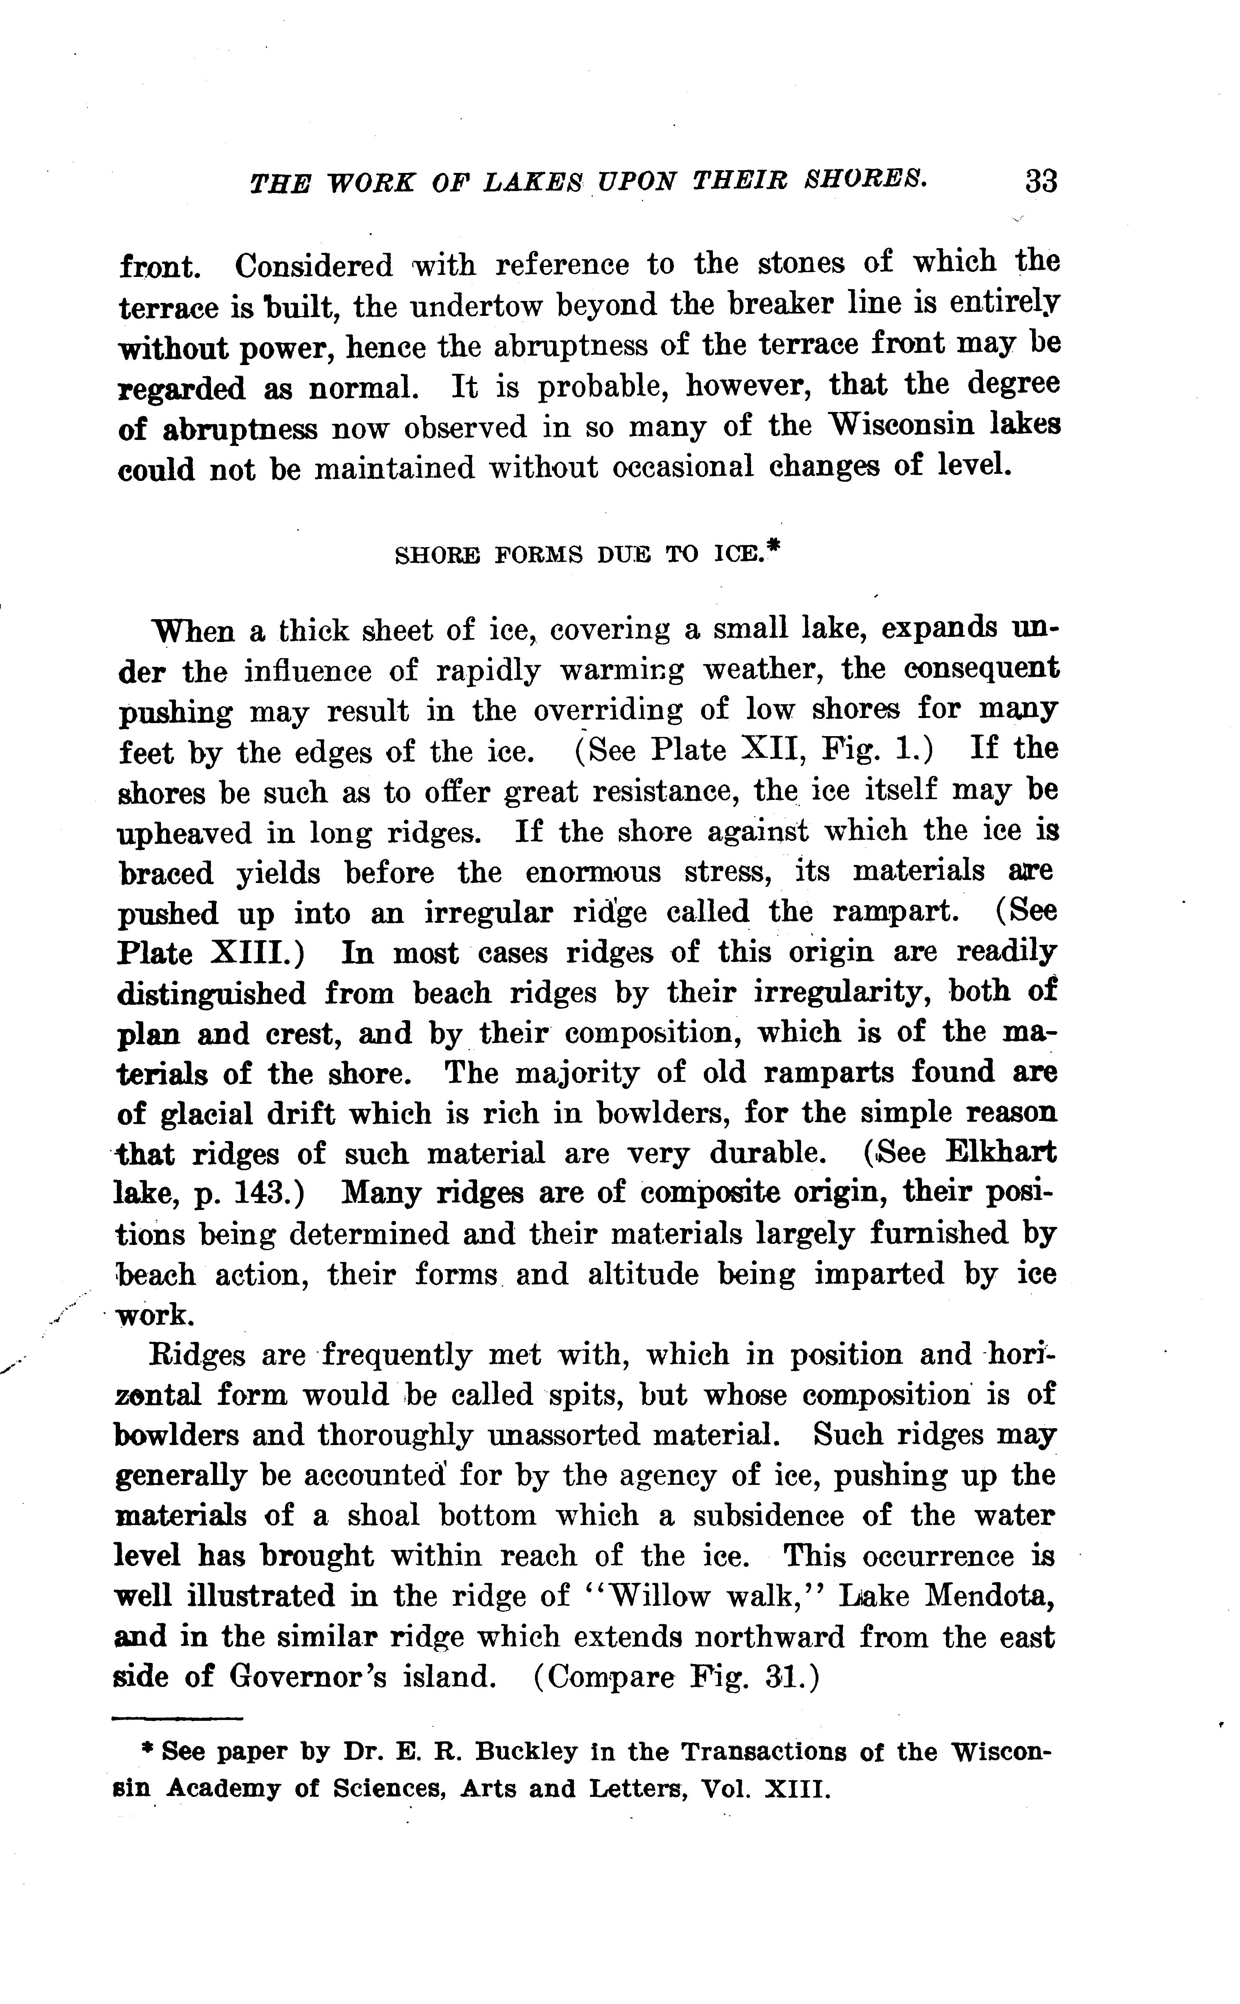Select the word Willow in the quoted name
coord(661,1596)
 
